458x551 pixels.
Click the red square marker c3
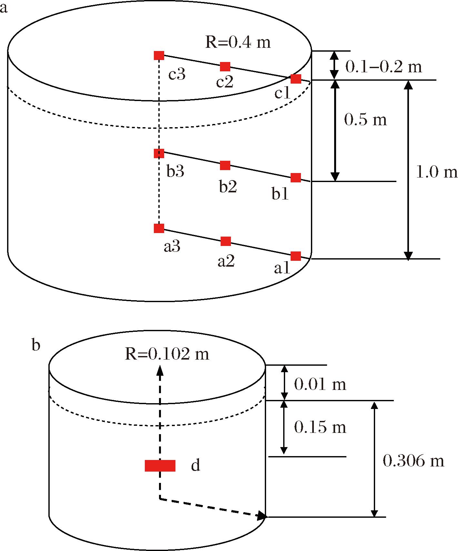[x=159, y=56]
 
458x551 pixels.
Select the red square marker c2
[x=225, y=66]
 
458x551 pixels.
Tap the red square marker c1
[x=296, y=78]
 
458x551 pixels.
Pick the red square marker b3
[x=159, y=153]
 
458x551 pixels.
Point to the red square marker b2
[x=225, y=165]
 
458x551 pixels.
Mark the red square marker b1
[x=296, y=178]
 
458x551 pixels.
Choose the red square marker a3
[x=159, y=228]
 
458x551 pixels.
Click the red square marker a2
[x=225, y=241]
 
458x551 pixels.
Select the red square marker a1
[x=296, y=256]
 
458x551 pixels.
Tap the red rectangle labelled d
[x=160, y=465]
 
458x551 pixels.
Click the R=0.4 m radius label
[x=238, y=43]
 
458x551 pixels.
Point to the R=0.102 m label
[x=167, y=354]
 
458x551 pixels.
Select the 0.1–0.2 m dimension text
[x=383, y=67]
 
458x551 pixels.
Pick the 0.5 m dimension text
[x=365, y=120]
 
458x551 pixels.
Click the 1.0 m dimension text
[x=437, y=172]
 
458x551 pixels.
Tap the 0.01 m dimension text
[x=320, y=384]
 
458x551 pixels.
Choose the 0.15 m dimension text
[x=320, y=427]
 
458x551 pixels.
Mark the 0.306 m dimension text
[x=413, y=461]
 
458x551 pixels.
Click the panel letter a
[x=4, y=8]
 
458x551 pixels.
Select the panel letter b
[x=36, y=345]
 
